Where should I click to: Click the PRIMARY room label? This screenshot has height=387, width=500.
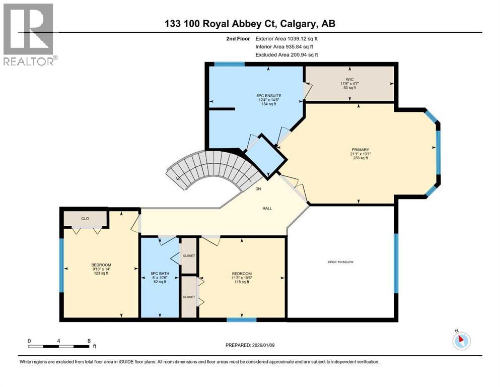point(361,150)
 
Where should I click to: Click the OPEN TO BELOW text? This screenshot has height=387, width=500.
point(341,262)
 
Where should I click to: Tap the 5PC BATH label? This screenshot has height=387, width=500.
point(160,274)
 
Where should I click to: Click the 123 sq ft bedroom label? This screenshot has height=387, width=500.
point(101,269)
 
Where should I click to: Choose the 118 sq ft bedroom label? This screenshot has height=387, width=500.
point(242,278)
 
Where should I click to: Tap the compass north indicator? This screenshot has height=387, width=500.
point(460,341)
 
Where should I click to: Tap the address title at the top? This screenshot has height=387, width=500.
point(249,23)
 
